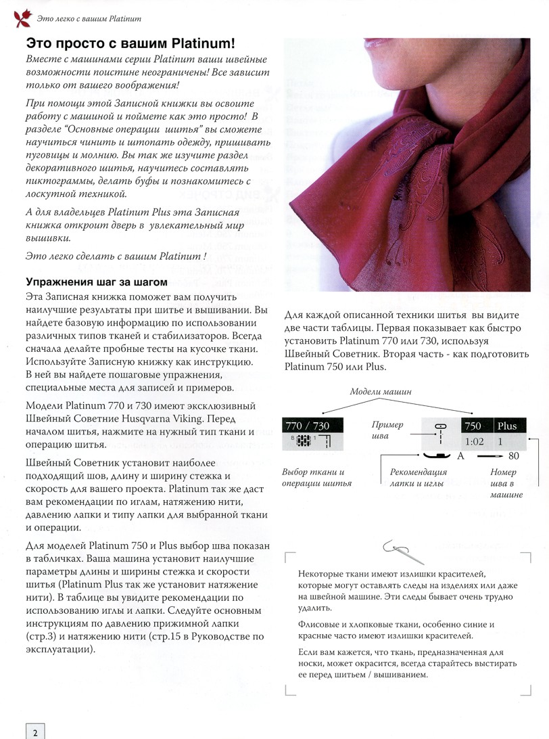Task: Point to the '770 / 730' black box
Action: click(x=313, y=426)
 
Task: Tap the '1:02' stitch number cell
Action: click(x=476, y=442)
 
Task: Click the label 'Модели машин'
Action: click(x=381, y=393)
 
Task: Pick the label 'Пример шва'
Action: click(x=387, y=430)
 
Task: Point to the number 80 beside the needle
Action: click(x=513, y=457)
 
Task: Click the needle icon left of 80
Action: click(x=490, y=457)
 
